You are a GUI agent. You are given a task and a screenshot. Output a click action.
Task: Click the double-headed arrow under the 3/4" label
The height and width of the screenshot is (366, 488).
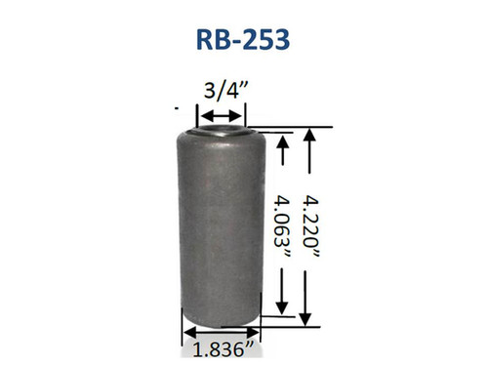(224, 116)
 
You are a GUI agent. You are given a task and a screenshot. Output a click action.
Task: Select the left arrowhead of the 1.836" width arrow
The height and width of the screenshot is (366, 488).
(184, 329)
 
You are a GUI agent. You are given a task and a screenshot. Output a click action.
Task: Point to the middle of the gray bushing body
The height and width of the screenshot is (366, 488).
(223, 224)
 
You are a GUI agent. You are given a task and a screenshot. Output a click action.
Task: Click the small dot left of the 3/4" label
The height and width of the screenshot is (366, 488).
(176, 103)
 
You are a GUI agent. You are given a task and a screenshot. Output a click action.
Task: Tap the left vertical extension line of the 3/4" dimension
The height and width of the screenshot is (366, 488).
(203, 114)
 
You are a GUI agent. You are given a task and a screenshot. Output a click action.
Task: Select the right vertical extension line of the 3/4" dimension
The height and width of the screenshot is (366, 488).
(244, 114)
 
